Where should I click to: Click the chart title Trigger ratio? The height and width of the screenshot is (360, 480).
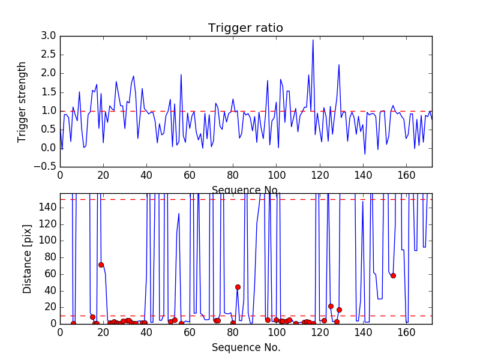click(x=245, y=28)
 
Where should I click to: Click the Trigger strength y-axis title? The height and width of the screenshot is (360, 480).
click(x=22, y=101)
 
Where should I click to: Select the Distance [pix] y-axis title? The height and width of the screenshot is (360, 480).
click(x=27, y=258)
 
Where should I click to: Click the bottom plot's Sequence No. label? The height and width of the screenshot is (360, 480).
click(x=245, y=347)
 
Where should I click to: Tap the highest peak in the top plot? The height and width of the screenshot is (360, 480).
click(x=313, y=40)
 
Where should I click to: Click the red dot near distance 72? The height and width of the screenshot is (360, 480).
click(x=101, y=265)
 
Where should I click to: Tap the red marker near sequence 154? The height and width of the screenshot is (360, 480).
click(x=393, y=275)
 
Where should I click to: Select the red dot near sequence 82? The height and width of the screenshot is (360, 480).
click(x=238, y=287)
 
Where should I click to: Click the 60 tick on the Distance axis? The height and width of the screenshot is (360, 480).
click(x=50, y=274)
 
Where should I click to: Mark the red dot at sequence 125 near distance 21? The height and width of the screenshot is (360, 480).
click(x=331, y=306)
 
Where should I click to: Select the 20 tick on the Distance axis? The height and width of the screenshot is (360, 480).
click(x=50, y=307)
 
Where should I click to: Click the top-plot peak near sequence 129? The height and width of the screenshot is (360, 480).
click(x=339, y=65)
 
